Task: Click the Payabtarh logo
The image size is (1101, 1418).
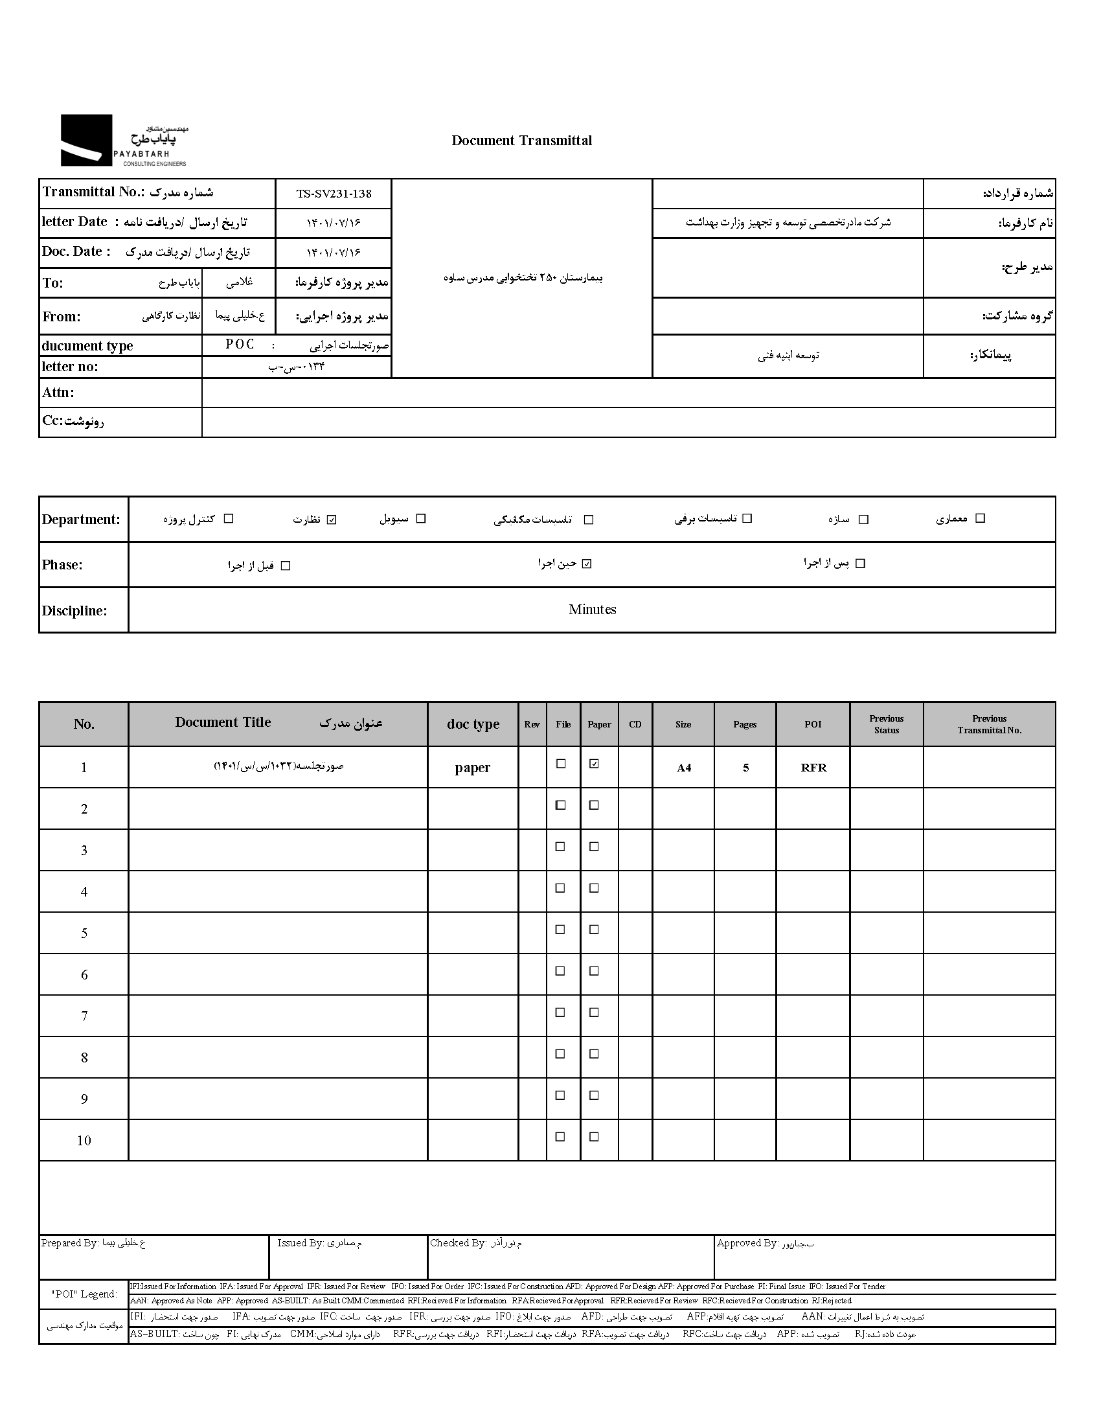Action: [123, 140]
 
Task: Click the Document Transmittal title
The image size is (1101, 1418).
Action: [521, 141]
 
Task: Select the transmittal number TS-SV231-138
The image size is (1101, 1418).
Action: [334, 194]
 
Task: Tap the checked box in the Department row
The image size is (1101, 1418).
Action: [332, 520]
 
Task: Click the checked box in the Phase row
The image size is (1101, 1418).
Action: [587, 564]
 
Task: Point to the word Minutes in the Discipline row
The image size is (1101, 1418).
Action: [592, 610]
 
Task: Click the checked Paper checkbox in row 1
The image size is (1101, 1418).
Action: [594, 764]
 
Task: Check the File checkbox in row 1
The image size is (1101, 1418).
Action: [561, 764]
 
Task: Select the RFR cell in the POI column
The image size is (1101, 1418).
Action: [813, 768]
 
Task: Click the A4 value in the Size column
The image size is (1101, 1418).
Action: [683, 768]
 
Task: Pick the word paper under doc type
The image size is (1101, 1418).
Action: [472, 768]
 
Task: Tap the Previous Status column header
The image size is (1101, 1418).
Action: [886, 724]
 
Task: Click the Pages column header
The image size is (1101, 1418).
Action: [745, 725]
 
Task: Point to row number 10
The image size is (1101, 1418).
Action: [84, 1141]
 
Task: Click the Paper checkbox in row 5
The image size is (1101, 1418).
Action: [594, 930]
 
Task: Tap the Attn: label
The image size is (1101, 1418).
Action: [58, 393]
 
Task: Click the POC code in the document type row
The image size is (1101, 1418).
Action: [240, 345]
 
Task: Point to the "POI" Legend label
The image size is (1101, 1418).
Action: [84, 1294]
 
